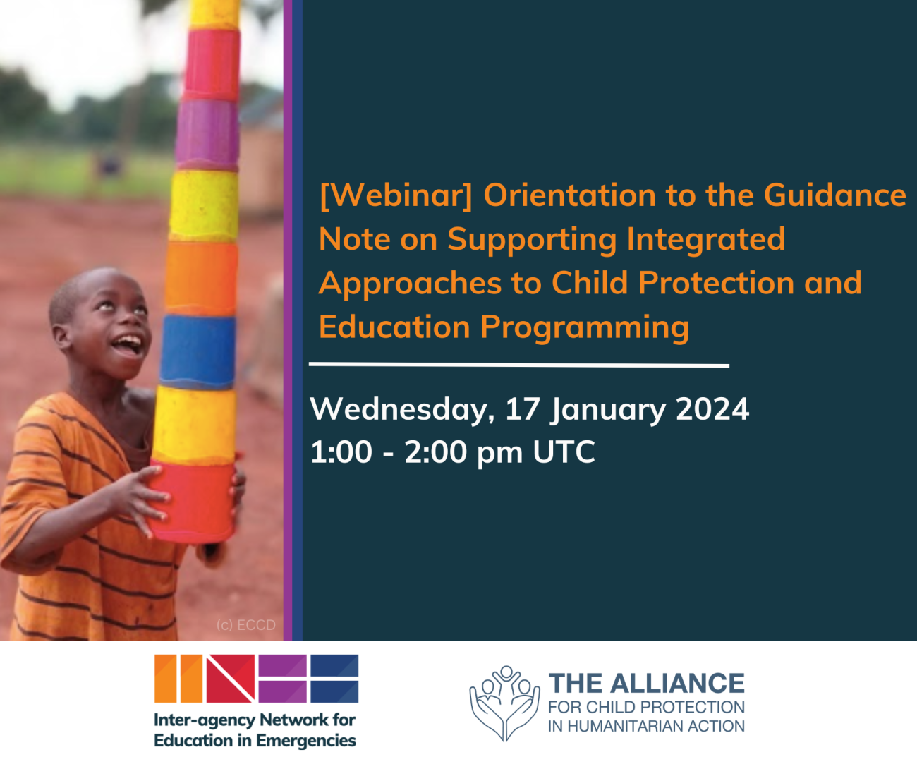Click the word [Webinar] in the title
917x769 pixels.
(396, 196)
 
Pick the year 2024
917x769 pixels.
(712, 409)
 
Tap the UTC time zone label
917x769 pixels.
(564, 452)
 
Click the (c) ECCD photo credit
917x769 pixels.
(246, 625)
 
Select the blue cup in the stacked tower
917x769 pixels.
(198, 351)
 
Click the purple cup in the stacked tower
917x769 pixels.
(207, 134)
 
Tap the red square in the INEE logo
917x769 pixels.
(231, 679)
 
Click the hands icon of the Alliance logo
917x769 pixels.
(504, 703)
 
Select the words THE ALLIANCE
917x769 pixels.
(646, 684)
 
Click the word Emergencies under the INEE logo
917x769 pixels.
(306, 741)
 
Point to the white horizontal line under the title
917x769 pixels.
(519, 365)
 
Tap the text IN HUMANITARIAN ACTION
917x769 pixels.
(646, 727)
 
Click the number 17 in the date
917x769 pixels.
(523, 409)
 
